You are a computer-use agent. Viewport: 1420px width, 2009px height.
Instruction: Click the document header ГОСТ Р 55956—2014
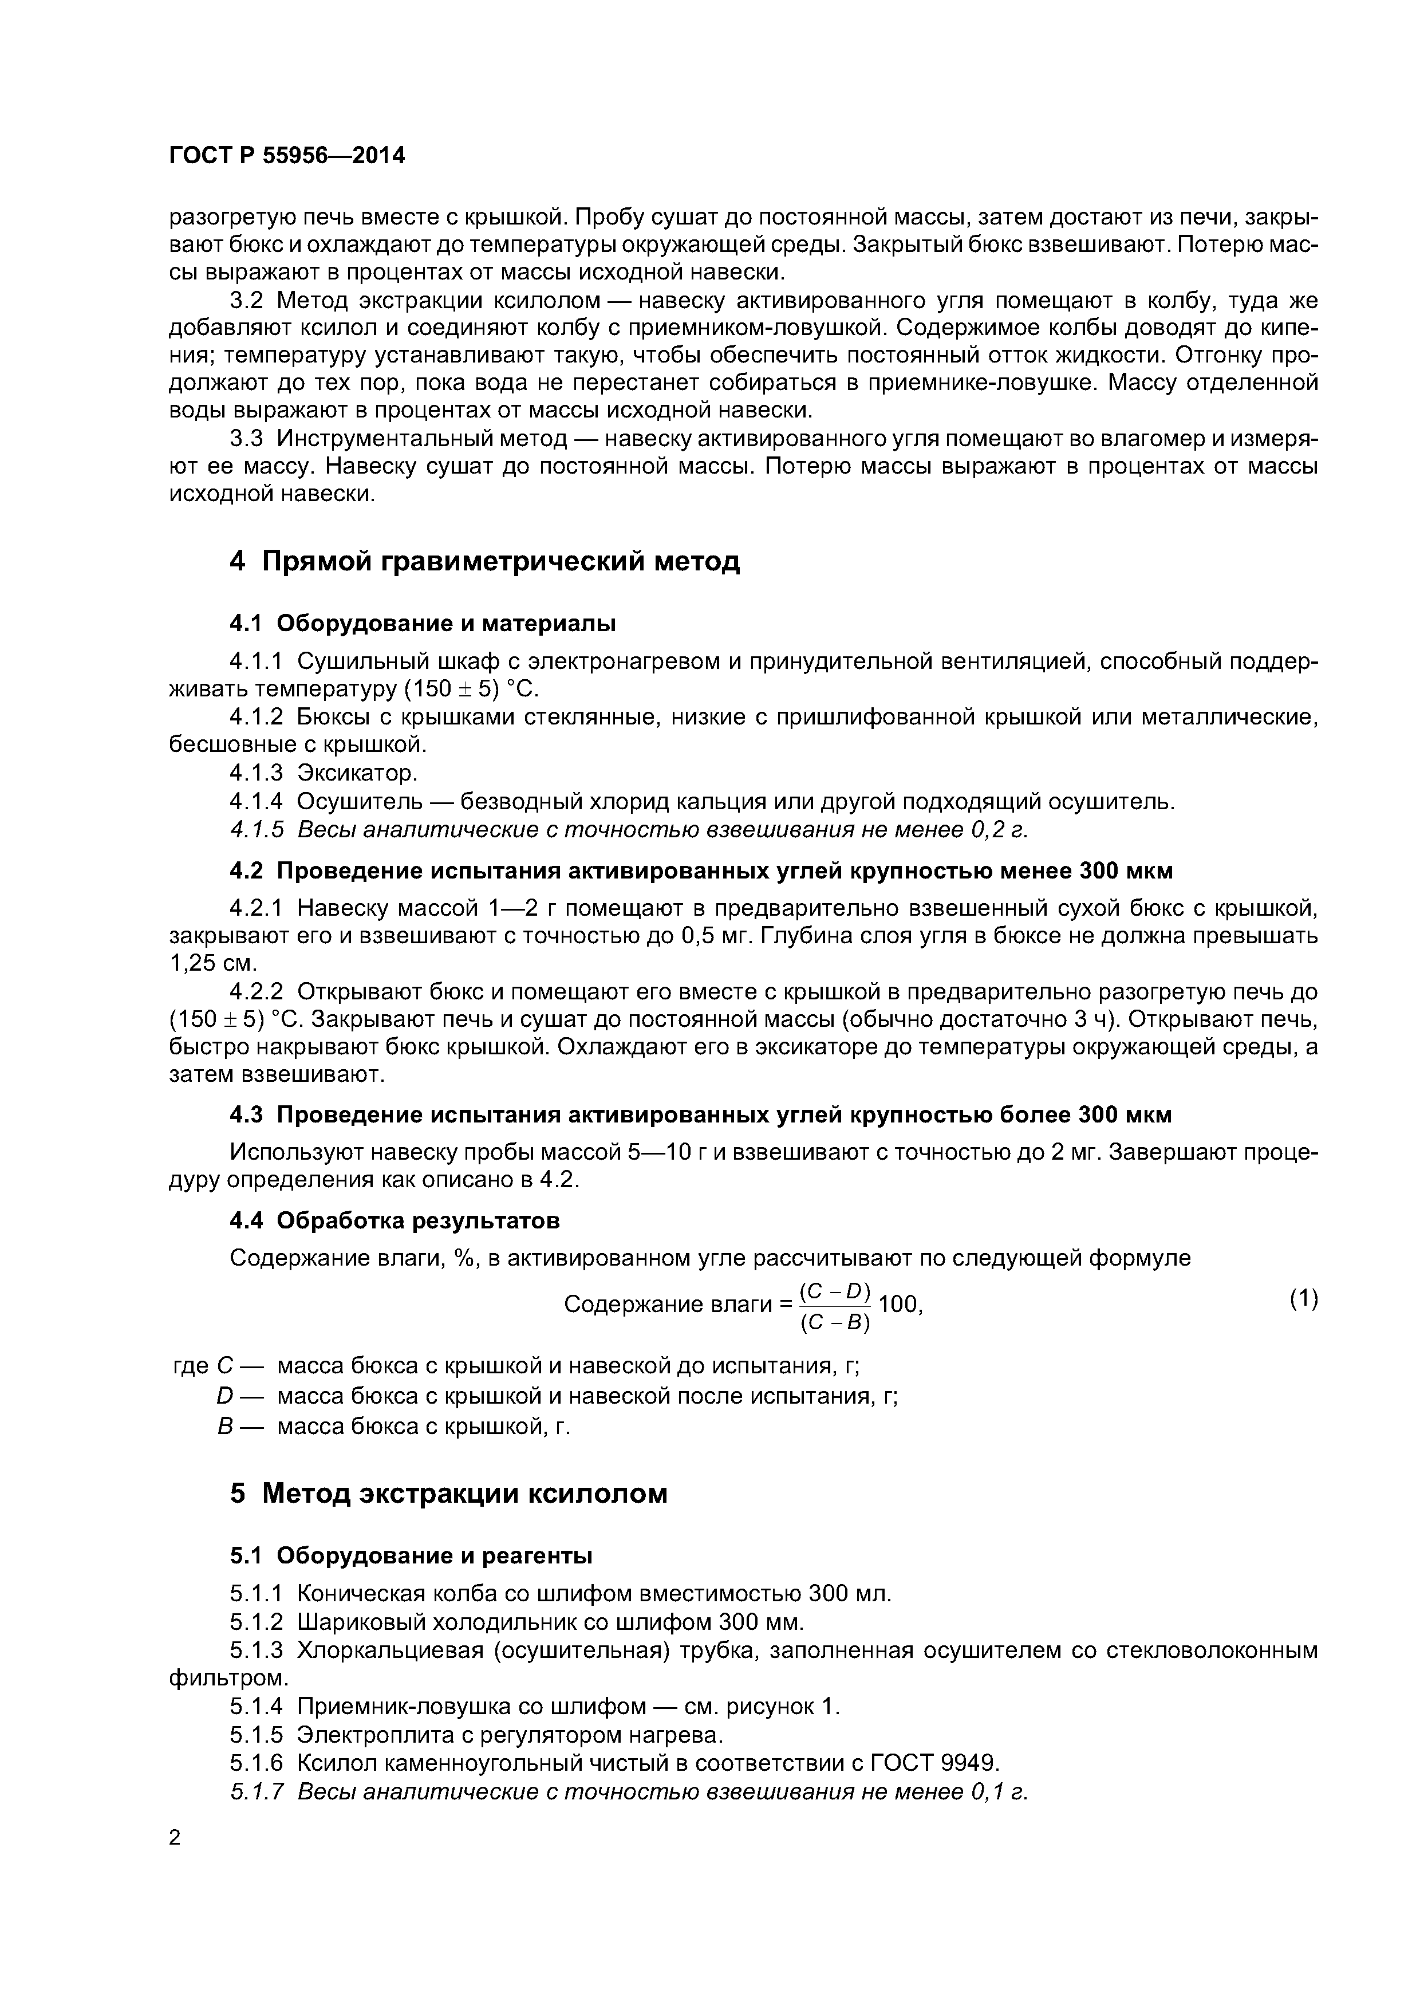[x=286, y=156]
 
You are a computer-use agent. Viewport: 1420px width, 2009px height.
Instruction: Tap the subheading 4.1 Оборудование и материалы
[x=422, y=624]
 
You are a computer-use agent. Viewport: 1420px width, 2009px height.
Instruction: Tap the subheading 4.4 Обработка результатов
[x=394, y=1220]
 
